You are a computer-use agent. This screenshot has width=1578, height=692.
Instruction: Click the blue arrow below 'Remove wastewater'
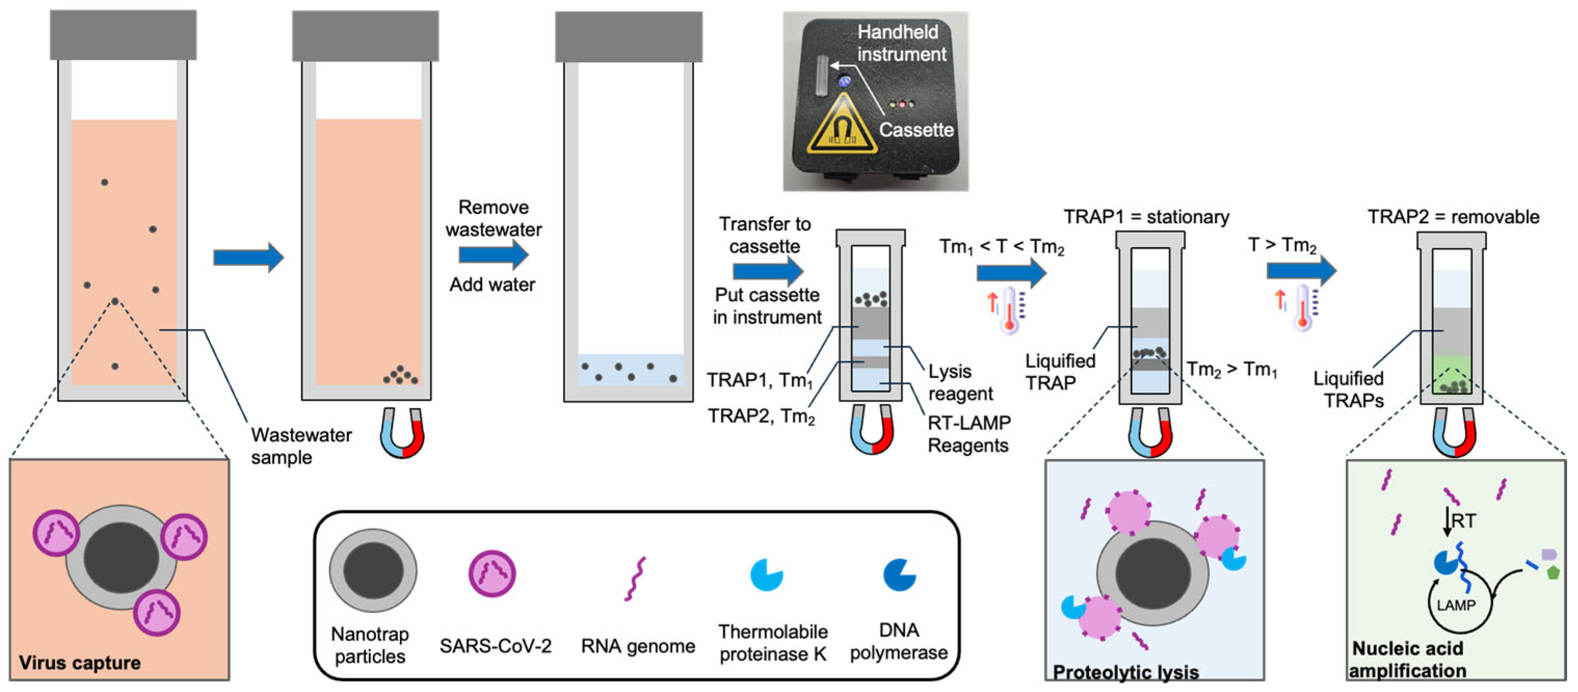(493, 254)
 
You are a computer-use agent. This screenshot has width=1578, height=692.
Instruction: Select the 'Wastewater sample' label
(301, 446)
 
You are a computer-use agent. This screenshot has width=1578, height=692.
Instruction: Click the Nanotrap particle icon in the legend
(373, 571)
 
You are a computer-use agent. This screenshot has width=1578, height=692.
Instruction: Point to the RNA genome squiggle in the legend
(635, 579)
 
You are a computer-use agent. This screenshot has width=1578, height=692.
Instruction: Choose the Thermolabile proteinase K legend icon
(766, 575)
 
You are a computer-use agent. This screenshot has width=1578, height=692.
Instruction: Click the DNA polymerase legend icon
(899, 575)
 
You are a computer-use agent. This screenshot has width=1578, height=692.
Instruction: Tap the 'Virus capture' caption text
(79, 662)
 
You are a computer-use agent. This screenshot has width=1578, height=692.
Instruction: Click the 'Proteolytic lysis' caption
(1125, 672)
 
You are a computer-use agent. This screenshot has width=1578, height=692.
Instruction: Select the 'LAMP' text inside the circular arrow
(1455, 605)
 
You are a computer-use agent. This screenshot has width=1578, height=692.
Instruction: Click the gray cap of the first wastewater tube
(123, 35)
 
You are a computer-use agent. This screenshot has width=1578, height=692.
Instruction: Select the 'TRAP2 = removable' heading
(1453, 217)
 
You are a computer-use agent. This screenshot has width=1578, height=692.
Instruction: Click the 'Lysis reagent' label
(959, 382)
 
